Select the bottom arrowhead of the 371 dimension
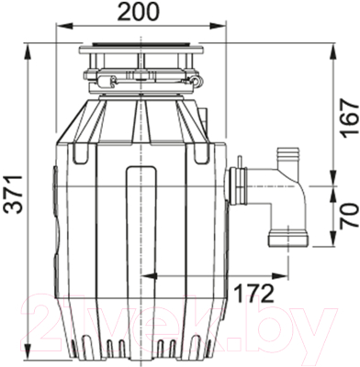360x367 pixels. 31,357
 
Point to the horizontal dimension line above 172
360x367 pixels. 220,274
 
